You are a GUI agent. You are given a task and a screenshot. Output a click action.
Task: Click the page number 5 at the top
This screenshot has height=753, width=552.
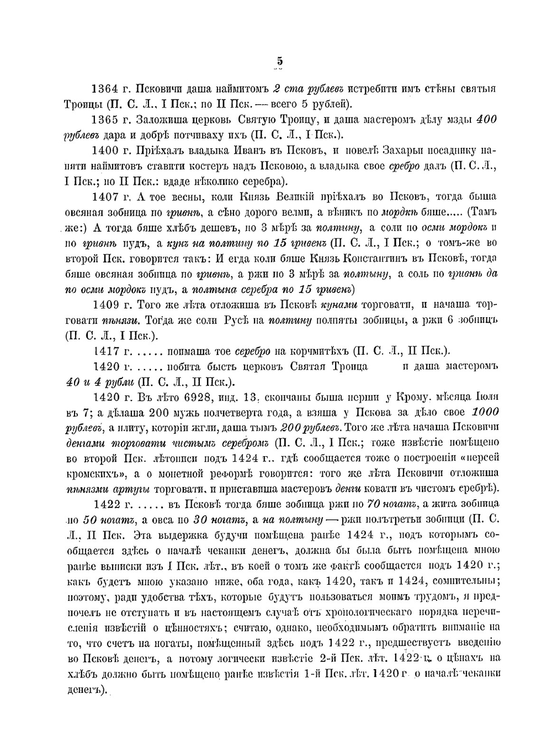(280, 61)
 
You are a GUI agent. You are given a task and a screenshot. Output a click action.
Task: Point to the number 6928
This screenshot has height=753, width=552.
(207, 397)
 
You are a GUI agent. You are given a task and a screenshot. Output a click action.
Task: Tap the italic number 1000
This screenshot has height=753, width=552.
(486, 412)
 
